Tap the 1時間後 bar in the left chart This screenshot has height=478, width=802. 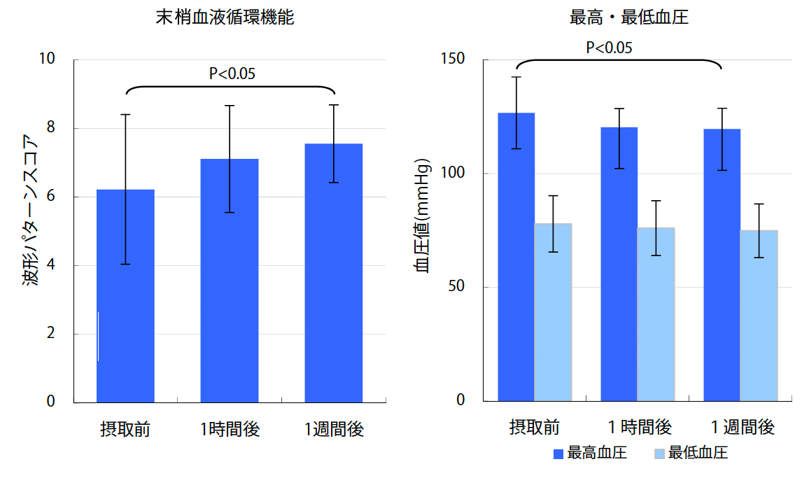(230, 280)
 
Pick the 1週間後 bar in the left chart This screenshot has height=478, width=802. (333, 273)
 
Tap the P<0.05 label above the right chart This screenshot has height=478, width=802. (609, 48)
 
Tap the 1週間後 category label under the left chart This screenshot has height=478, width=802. (334, 429)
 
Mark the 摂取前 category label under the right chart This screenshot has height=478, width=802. (534, 426)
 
